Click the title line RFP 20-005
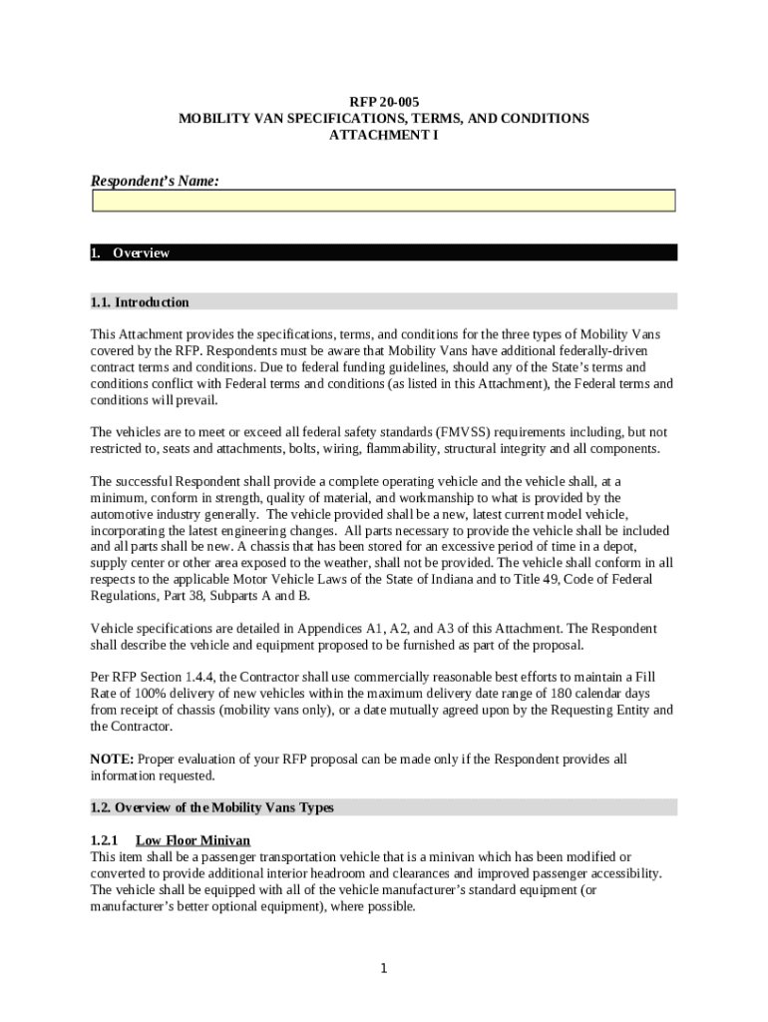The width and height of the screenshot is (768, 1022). (x=384, y=102)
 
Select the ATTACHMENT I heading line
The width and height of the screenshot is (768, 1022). (x=384, y=134)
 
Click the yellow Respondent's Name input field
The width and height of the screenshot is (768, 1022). (x=384, y=201)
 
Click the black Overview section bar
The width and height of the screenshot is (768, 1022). (x=384, y=253)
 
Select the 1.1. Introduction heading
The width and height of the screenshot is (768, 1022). (x=140, y=301)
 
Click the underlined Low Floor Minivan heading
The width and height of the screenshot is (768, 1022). (x=192, y=840)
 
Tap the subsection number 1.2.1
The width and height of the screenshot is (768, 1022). (x=105, y=840)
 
